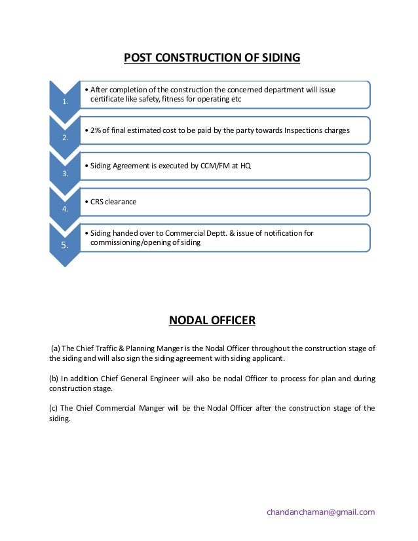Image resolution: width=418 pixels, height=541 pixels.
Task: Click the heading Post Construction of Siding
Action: tap(212, 58)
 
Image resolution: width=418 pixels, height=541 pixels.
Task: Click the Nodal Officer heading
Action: tap(212, 320)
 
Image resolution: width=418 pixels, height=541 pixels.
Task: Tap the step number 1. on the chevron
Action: tap(65, 102)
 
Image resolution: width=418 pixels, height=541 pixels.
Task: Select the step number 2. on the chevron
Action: tap(65, 138)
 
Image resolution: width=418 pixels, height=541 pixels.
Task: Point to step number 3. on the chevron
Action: tap(65, 174)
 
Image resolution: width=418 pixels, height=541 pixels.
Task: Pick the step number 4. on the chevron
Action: tap(65, 210)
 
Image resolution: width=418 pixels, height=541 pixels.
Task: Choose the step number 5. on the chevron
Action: tap(65, 246)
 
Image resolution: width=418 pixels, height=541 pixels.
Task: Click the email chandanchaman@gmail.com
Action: tap(320, 512)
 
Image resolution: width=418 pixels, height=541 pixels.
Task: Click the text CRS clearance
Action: tap(113, 202)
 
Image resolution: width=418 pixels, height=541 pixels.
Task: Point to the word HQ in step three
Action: tap(245, 166)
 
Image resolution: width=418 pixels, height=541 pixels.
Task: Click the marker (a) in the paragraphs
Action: tap(55, 349)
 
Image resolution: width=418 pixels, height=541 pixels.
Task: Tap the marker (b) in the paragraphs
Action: tap(54, 379)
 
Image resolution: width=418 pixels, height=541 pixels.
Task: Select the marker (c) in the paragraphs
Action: tap(54, 408)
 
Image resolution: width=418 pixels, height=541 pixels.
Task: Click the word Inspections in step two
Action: tap(309, 130)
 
